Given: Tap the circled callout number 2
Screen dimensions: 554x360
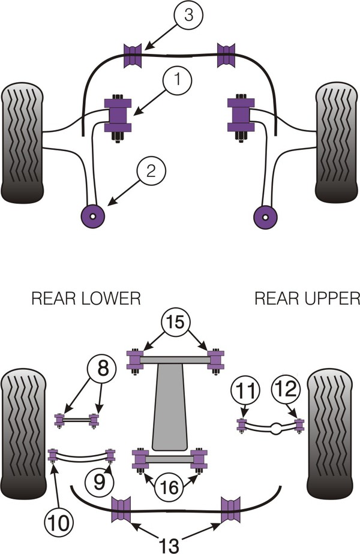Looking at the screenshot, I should (151, 171).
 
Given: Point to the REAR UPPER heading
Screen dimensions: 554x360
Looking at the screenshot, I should (307, 298).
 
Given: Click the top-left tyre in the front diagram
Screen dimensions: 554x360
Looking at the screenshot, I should (23, 143).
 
